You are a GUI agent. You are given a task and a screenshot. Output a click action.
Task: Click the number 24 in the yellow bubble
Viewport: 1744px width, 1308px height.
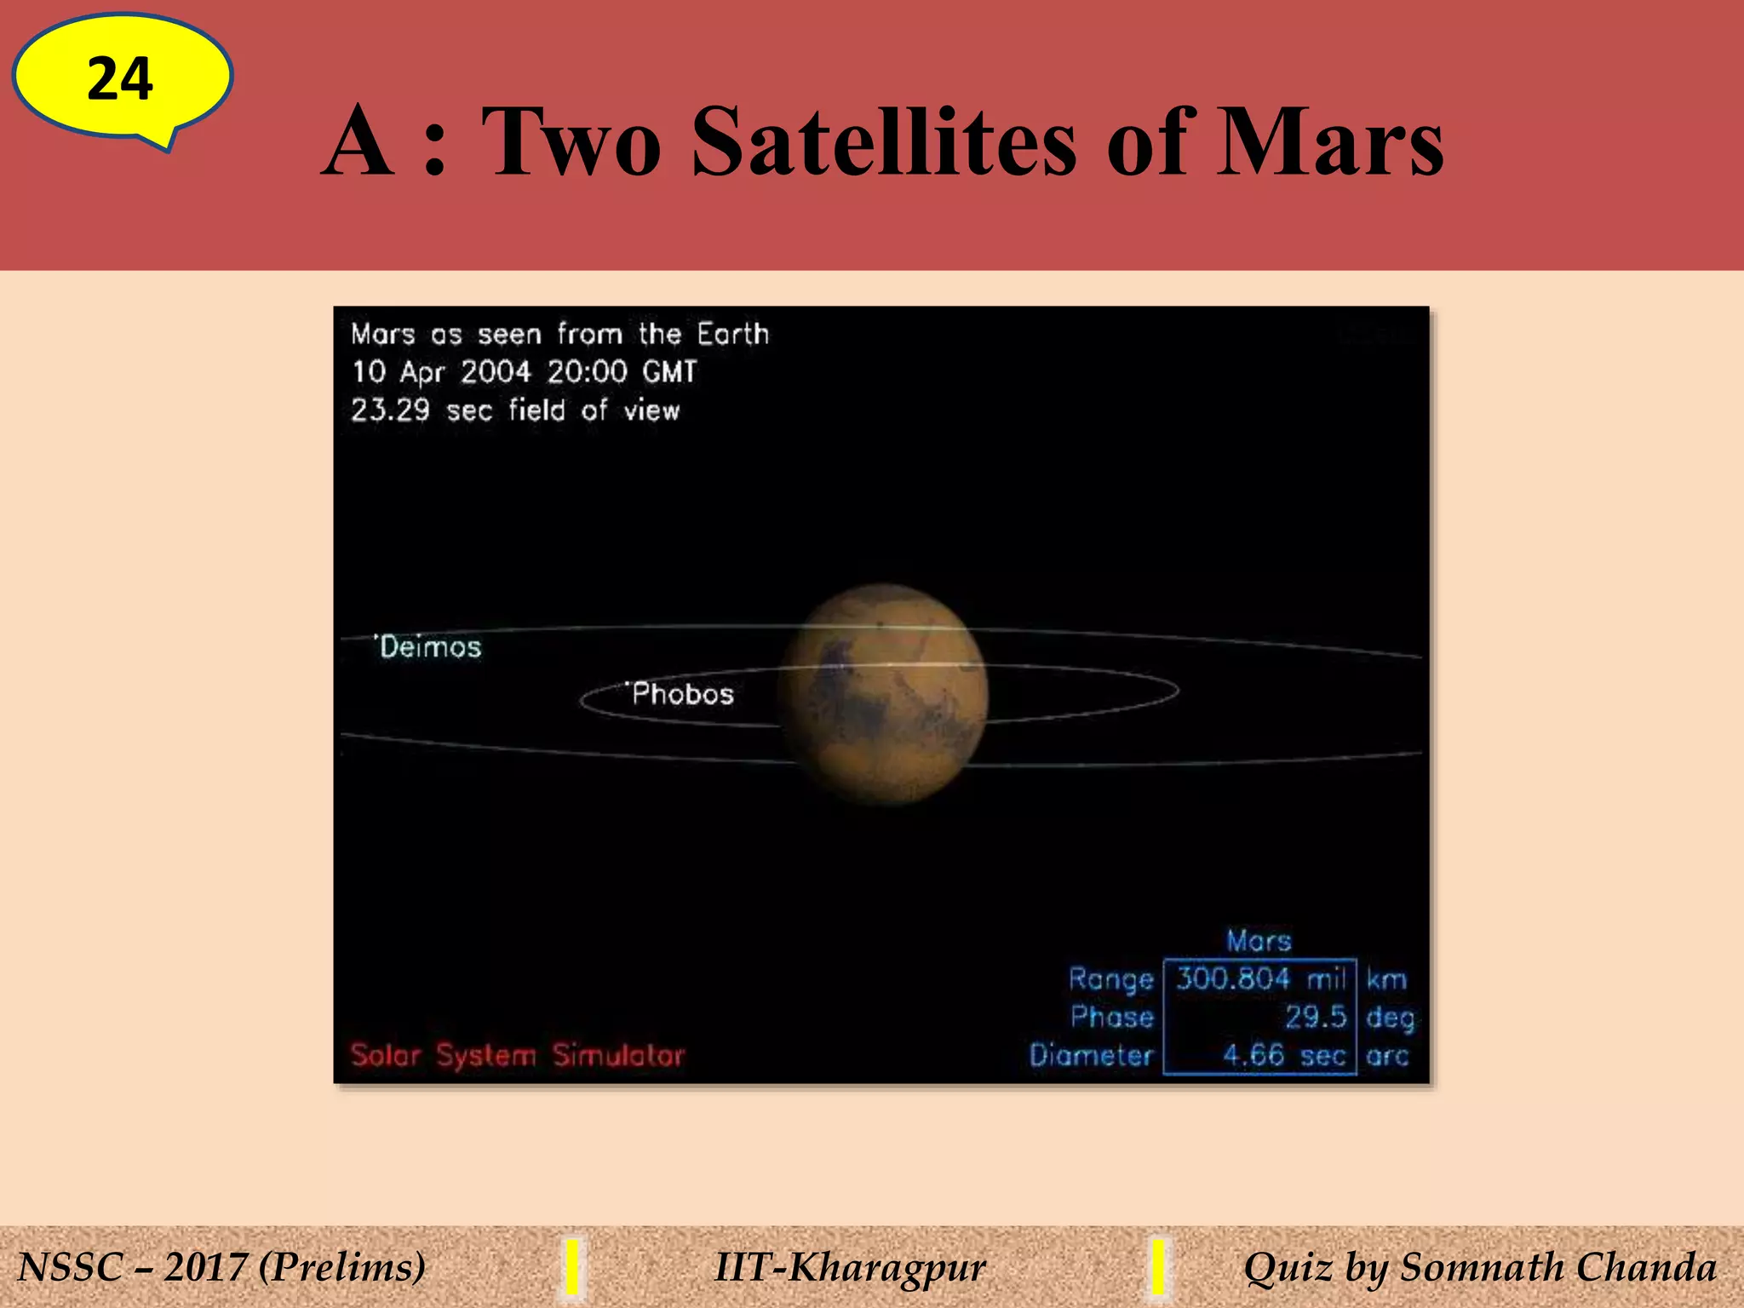tap(120, 79)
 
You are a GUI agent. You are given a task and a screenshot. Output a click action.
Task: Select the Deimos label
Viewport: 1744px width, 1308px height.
tap(430, 647)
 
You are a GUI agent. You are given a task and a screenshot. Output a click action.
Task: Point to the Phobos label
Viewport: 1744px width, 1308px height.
tap(682, 694)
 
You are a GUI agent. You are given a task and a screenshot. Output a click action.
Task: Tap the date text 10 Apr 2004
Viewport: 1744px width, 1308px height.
tap(442, 372)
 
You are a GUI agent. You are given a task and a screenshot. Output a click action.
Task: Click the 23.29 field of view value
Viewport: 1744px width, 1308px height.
tap(391, 410)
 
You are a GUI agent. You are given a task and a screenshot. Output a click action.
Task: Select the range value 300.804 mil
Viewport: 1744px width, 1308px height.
tap(1259, 978)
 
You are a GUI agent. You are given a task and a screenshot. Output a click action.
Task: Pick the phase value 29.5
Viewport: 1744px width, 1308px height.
tap(1316, 1017)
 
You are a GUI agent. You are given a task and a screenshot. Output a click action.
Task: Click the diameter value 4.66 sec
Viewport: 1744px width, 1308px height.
tap(1283, 1056)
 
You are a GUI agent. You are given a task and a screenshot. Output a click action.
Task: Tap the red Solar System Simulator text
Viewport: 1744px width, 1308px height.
tap(517, 1056)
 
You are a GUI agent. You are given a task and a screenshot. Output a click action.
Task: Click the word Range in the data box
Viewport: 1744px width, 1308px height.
tap(1111, 979)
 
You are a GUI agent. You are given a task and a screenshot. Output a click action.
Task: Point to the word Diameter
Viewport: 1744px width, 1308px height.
tap(1091, 1056)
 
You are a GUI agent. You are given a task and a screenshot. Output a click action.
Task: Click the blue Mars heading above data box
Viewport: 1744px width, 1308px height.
tap(1259, 941)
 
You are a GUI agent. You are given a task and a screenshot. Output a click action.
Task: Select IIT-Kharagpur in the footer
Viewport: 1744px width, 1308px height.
tap(850, 1267)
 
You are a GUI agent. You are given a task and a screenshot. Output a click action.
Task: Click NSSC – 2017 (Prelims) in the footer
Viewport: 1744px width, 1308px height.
tap(221, 1267)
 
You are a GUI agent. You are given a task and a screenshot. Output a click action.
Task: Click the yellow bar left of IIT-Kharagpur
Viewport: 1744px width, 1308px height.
tap(573, 1267)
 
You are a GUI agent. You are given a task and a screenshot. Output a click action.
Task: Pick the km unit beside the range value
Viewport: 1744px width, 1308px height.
tap(1386, 979)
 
